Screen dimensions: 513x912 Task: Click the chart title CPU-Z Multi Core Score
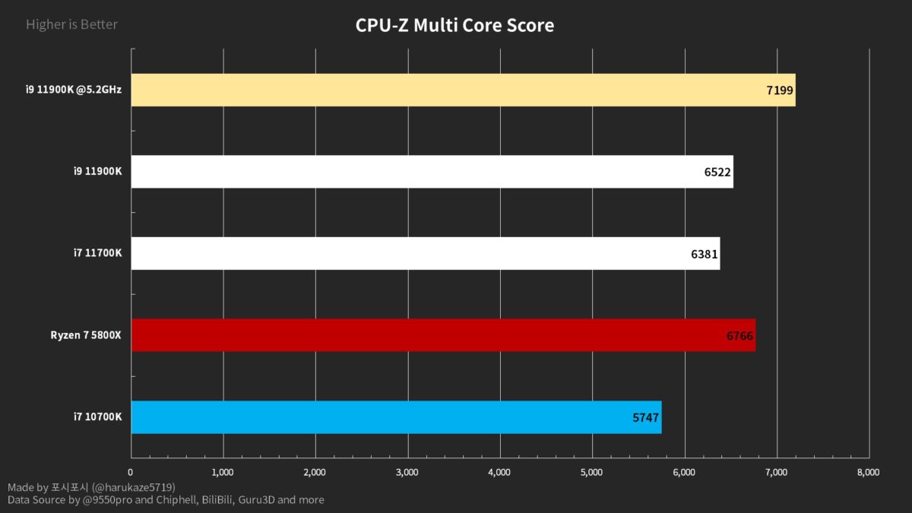(454, 26)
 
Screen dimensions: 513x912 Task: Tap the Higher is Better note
(71, 24)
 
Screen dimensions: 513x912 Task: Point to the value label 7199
(780, 90)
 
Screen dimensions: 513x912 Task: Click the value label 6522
(717, 173)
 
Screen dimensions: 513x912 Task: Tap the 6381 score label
(705, 254)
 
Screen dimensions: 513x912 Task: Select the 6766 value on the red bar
(739, 335)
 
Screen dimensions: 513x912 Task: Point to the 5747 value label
(646, 417)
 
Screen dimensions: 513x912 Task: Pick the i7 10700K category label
(97, 416)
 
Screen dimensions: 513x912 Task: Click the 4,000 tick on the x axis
(499, 472)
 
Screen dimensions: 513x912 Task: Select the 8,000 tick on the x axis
(868, 472)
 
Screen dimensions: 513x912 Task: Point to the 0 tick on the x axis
(131, 472)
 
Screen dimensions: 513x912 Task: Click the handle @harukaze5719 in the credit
(134, 486)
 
